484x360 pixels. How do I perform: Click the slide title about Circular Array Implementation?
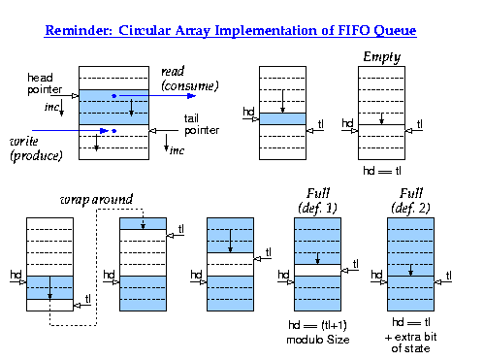click(231, 31)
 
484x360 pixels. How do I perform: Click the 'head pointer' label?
click(44, 82)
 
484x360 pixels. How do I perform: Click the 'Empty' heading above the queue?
click(381, 57)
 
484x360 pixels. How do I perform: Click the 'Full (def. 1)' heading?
click(317, 201)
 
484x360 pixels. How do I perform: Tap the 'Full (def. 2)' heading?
click(409, 201)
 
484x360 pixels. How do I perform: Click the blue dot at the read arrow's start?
click(114, 95)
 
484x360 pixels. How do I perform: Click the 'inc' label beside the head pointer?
click(52, 105)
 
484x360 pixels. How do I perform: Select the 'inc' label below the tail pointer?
click(177, 150)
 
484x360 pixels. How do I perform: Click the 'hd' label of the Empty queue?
click(347, 123)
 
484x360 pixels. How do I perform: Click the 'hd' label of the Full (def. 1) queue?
click(282, 275)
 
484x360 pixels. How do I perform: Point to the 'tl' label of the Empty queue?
click(419, 123)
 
